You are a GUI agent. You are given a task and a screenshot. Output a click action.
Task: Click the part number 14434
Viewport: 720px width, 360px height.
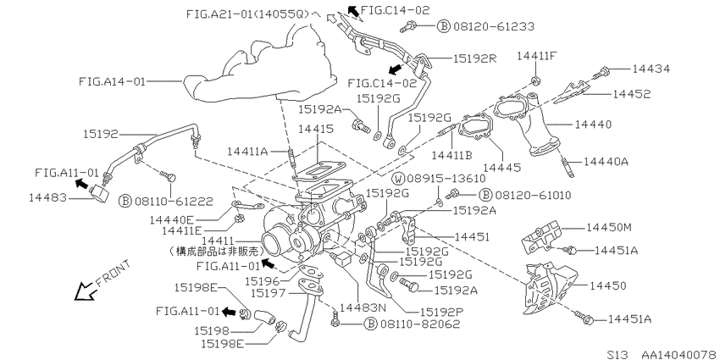[651, 69]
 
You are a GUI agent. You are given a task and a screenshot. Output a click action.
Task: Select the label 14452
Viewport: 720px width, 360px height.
[631, 94]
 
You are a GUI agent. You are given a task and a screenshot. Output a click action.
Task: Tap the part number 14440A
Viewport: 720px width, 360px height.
[606, 162]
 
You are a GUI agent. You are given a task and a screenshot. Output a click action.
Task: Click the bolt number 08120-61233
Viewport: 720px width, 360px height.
[494, 26]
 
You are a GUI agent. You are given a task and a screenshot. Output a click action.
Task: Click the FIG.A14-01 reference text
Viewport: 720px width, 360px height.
[112, 81]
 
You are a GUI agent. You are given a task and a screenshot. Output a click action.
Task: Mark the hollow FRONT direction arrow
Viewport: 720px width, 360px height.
[86, 291]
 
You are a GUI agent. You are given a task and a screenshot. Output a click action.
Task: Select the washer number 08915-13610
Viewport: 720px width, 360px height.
[445, 179]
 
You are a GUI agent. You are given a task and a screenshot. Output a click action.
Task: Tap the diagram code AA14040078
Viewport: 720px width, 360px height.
[678, 354]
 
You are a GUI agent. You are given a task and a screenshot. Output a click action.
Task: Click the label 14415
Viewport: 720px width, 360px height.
[317, 129]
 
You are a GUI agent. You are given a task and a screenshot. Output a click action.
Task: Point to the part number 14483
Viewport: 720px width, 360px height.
[47, 198]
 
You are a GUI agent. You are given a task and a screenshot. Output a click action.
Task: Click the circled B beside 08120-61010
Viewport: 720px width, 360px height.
[485, 195]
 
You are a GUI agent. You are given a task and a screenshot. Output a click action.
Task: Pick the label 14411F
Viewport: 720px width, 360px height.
[538, 56]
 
